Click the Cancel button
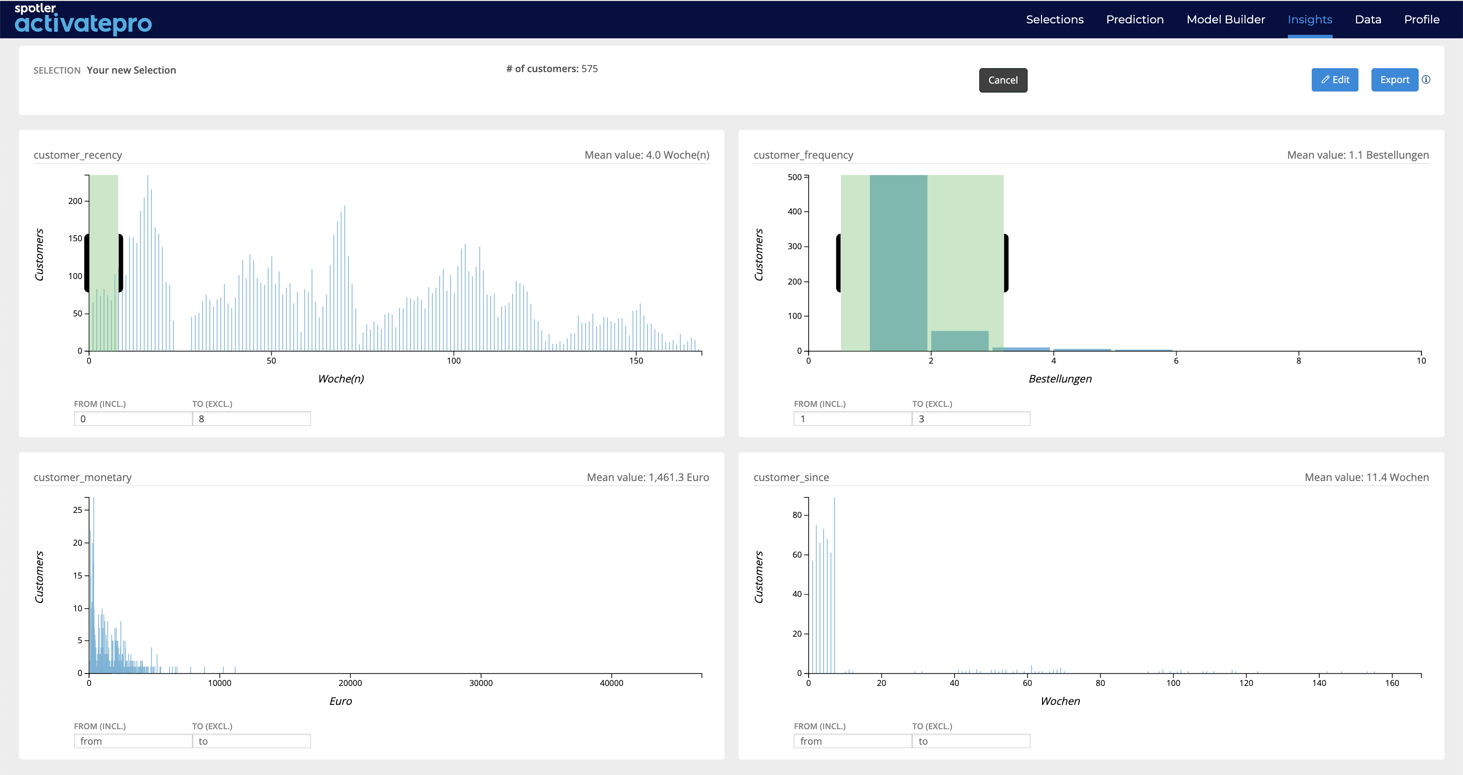pos(1003,80)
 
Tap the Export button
pos(1394,80)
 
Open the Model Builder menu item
pos(1226,19)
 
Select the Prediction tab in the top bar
pos(1135,19)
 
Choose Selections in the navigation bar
pos(1054,19)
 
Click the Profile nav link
pos(1422,19)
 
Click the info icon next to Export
pos(1426,80)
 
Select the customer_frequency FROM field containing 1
pos(852,418)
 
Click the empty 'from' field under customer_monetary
pos(133,741)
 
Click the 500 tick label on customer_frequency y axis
pos(795,177)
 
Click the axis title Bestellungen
pos(1060,379)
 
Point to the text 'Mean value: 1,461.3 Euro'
pos(648,477)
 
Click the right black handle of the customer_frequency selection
pos(1006,263)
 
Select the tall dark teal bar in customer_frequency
pos(899,263)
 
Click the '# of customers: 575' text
pos(552,69)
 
